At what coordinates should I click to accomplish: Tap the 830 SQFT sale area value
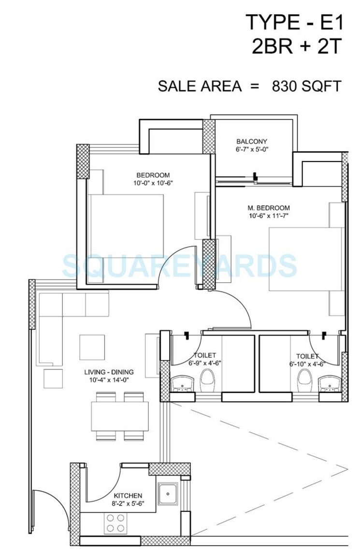click(307, 86)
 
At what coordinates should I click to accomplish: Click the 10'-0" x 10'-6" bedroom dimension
click(153, 183)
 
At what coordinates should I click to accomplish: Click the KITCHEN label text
click(128, 496)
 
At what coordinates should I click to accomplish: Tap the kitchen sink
click(168, 494)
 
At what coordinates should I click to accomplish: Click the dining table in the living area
click(120, 416)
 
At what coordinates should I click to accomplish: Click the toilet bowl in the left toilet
click(207, 379)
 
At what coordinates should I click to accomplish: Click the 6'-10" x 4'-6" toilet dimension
click(307, 364)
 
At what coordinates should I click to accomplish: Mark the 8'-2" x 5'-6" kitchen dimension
click(128, 504)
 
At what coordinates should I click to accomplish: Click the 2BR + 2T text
click(297, 47)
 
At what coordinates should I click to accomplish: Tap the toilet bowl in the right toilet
click(304, 379)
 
